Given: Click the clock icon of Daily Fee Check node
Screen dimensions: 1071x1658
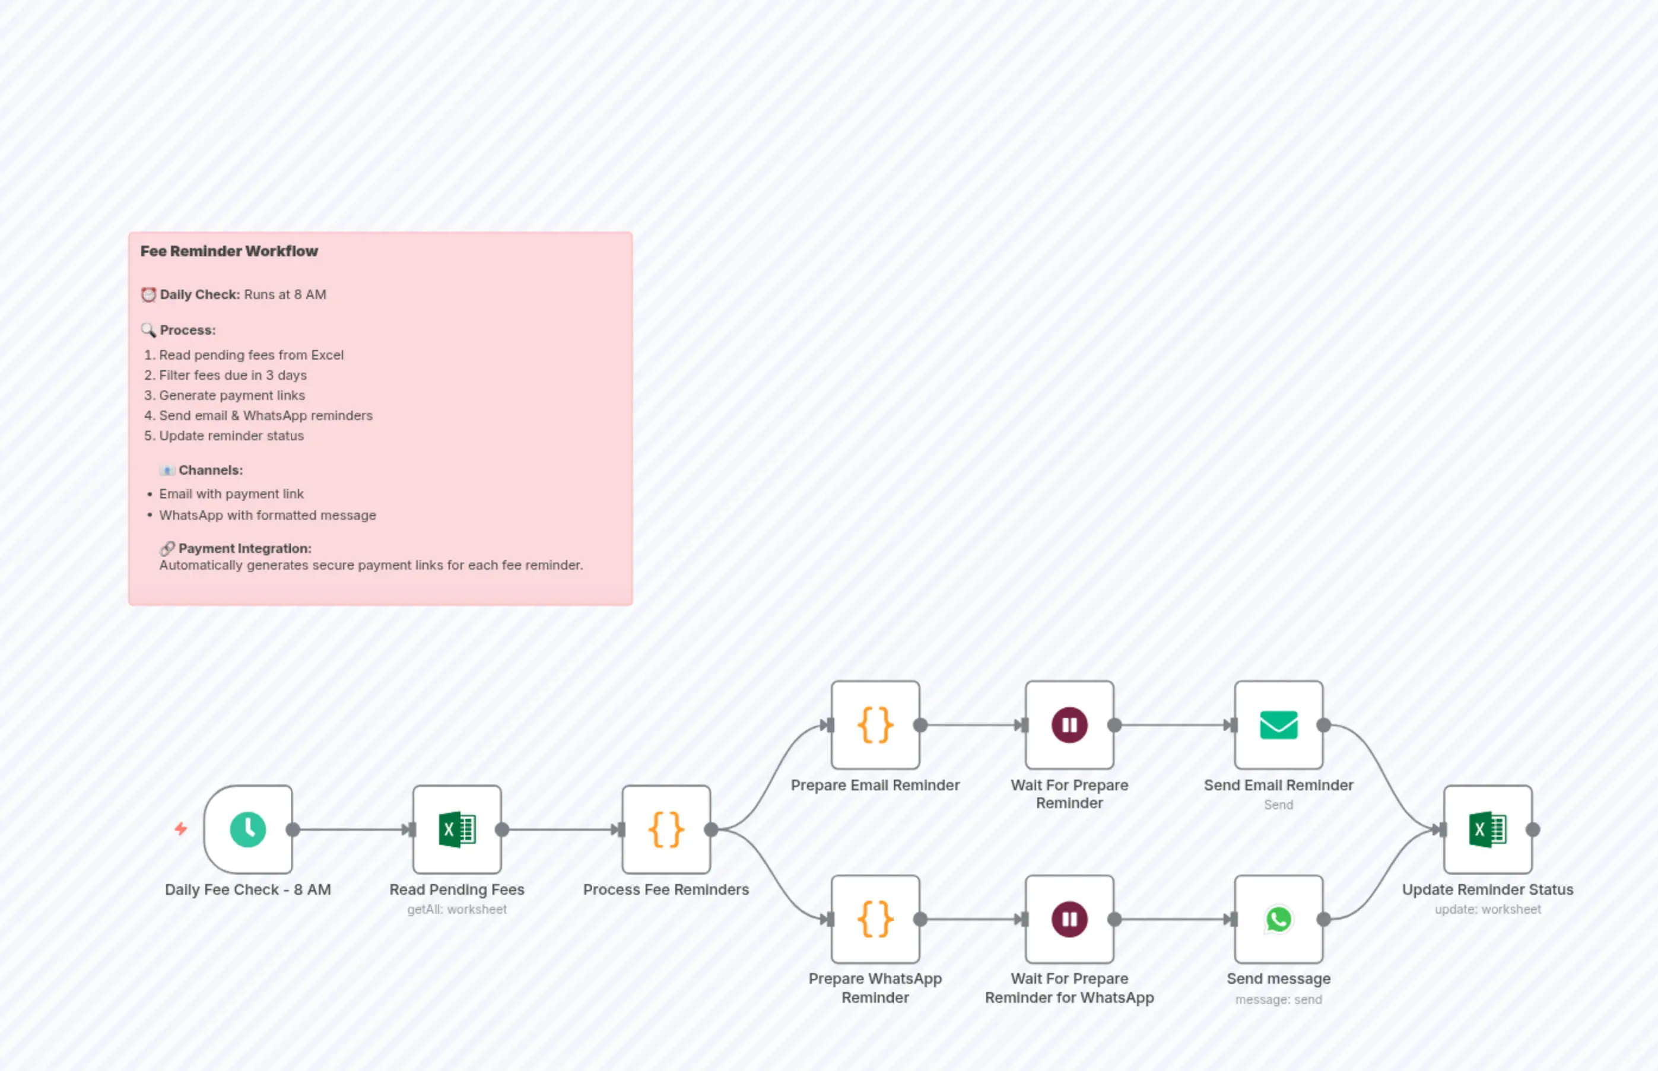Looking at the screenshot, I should tap(247, 829).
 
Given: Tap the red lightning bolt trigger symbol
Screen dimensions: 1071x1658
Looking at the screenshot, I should tap(181, 828).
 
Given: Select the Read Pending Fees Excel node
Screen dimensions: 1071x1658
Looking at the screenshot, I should tap(457, 829).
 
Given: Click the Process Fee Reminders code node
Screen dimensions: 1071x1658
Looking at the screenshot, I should tap(666, 829).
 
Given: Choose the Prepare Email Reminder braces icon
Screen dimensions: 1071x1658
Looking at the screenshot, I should tap(875, 724).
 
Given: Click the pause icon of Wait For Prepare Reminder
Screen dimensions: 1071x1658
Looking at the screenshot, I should tap(1069, 724).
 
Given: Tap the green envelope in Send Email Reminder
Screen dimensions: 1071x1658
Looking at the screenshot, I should tap(1278, 724).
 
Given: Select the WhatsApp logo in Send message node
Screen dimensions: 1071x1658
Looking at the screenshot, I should tap(1278, 919).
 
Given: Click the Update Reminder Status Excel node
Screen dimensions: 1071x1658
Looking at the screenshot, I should tap(1487, 829).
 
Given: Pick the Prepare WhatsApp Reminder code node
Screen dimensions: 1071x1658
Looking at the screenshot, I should tap(875, 919).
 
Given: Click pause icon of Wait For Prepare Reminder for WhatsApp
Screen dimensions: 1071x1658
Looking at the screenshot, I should tap(1069, 919).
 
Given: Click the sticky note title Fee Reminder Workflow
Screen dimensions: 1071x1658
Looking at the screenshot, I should tap(229, 251).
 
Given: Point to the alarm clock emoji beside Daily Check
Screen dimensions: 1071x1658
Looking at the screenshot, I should tap(148, 295).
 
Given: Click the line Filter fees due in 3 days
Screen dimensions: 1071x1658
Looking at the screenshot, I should tap(232, 375).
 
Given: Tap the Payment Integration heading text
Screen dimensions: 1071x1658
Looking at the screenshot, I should tap(245, 548).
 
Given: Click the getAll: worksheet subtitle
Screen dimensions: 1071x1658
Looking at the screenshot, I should tap(457, 909).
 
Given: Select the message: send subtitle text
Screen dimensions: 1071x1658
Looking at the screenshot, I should tap(1278, 999).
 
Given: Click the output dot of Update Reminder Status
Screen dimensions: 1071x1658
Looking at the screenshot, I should tap(1533, 829).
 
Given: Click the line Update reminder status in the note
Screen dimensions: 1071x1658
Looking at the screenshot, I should tap(231, 436).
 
